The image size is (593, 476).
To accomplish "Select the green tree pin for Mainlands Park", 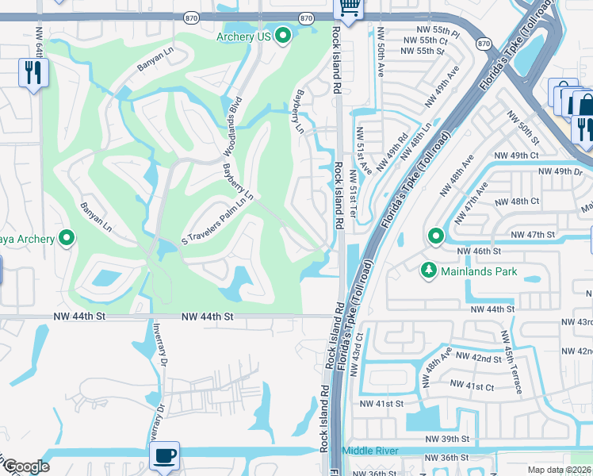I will point(429,271).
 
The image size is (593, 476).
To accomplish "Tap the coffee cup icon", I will point(165,456).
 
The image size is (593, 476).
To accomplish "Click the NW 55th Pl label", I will point(431,30).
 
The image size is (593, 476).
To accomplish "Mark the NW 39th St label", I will point(447,439).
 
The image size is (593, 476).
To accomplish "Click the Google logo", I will point(26,466).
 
